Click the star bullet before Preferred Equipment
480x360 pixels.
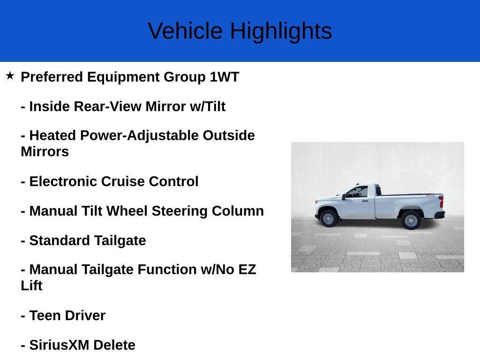[10, 75]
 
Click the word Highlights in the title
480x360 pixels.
[281, 31]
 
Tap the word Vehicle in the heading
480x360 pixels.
[185, 31]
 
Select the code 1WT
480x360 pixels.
[224, 77]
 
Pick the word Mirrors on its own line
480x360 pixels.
[45, 152]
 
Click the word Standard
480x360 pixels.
[60, 240]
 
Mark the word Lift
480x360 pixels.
[31, 286]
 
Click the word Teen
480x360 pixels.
[45, 315]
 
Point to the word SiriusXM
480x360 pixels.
[60, 345]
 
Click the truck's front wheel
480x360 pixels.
[329, 218]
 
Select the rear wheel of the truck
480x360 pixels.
[411, 220]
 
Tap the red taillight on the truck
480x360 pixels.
[441, 202]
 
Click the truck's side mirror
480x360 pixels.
[344, 197]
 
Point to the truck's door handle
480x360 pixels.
[366, 199]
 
